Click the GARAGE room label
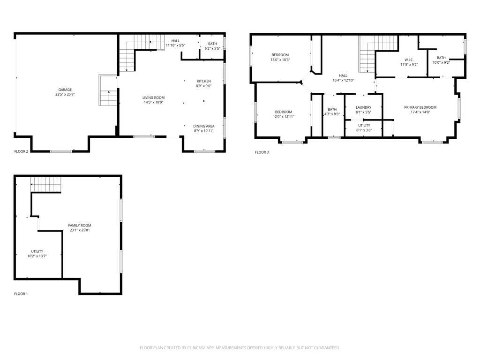click(65, 90)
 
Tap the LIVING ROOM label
click(154, 97)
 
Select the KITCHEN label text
click(204, 81)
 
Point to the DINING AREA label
click(204, 126)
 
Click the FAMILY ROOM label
click(79, 225)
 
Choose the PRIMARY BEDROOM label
click(420, 107)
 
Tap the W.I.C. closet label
click(408, 60)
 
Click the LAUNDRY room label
click(363, 107)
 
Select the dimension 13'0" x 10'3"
click(280, 60)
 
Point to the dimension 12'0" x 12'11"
click(284, 116)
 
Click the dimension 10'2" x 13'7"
click(37, 256)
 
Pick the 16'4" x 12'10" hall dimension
click(344, 80)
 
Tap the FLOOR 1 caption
click(21, 294)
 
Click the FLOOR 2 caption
click(21, 151)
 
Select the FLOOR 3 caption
click(262, 152)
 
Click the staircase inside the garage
click(108, 91)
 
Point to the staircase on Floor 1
click(46, 185)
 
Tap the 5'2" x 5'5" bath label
click(212, 48)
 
